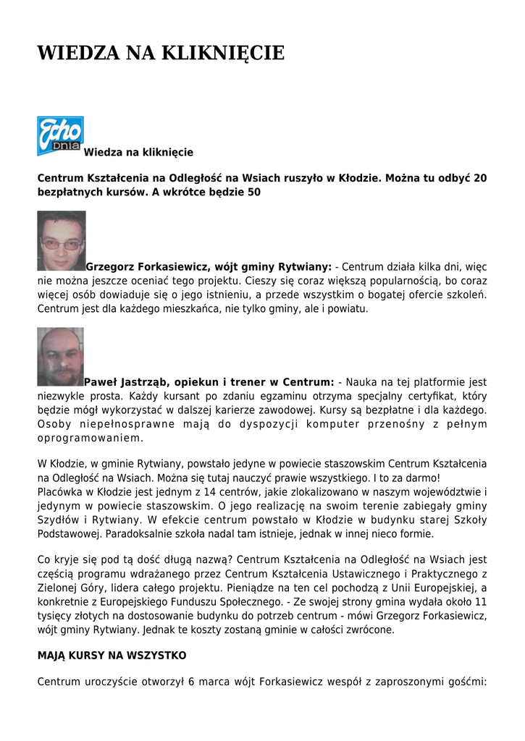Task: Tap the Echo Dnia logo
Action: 60,135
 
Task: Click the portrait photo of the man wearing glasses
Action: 62,241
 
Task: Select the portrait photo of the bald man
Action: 60,356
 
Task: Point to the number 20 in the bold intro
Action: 480,177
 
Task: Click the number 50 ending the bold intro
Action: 253,192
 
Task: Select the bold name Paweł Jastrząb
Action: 122,381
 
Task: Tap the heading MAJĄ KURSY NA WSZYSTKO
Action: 112,655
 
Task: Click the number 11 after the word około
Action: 480,601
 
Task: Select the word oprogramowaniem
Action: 91,438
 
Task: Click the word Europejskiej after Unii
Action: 441,588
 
